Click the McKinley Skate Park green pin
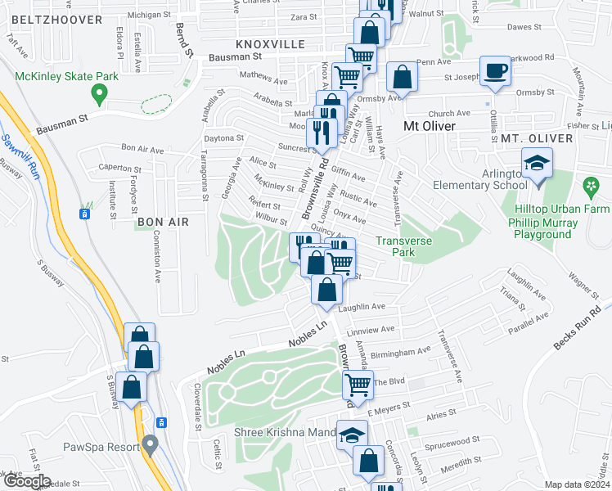(x=100, y=95)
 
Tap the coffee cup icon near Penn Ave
(x=494, y=71)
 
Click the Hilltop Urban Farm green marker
(x=591, y=188)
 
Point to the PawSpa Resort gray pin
(x=149, y=446)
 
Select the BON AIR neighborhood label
(x=164, y=222)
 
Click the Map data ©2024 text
(x=577, y=484)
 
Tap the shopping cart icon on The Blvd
(x=358, y=383)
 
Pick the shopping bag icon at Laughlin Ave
(x=326, y=290)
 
